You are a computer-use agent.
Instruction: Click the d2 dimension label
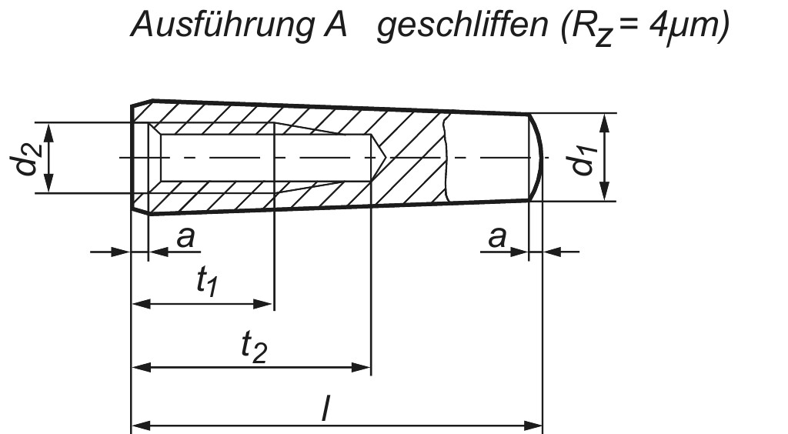pos(28,157)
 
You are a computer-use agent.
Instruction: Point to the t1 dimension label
pos(206,283)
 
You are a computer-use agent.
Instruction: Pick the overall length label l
pos(326,409)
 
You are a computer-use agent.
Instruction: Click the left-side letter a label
pos(185,238)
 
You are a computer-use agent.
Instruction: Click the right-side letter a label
pos(497,238)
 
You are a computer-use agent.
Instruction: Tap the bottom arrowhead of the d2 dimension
pos(49,185)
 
